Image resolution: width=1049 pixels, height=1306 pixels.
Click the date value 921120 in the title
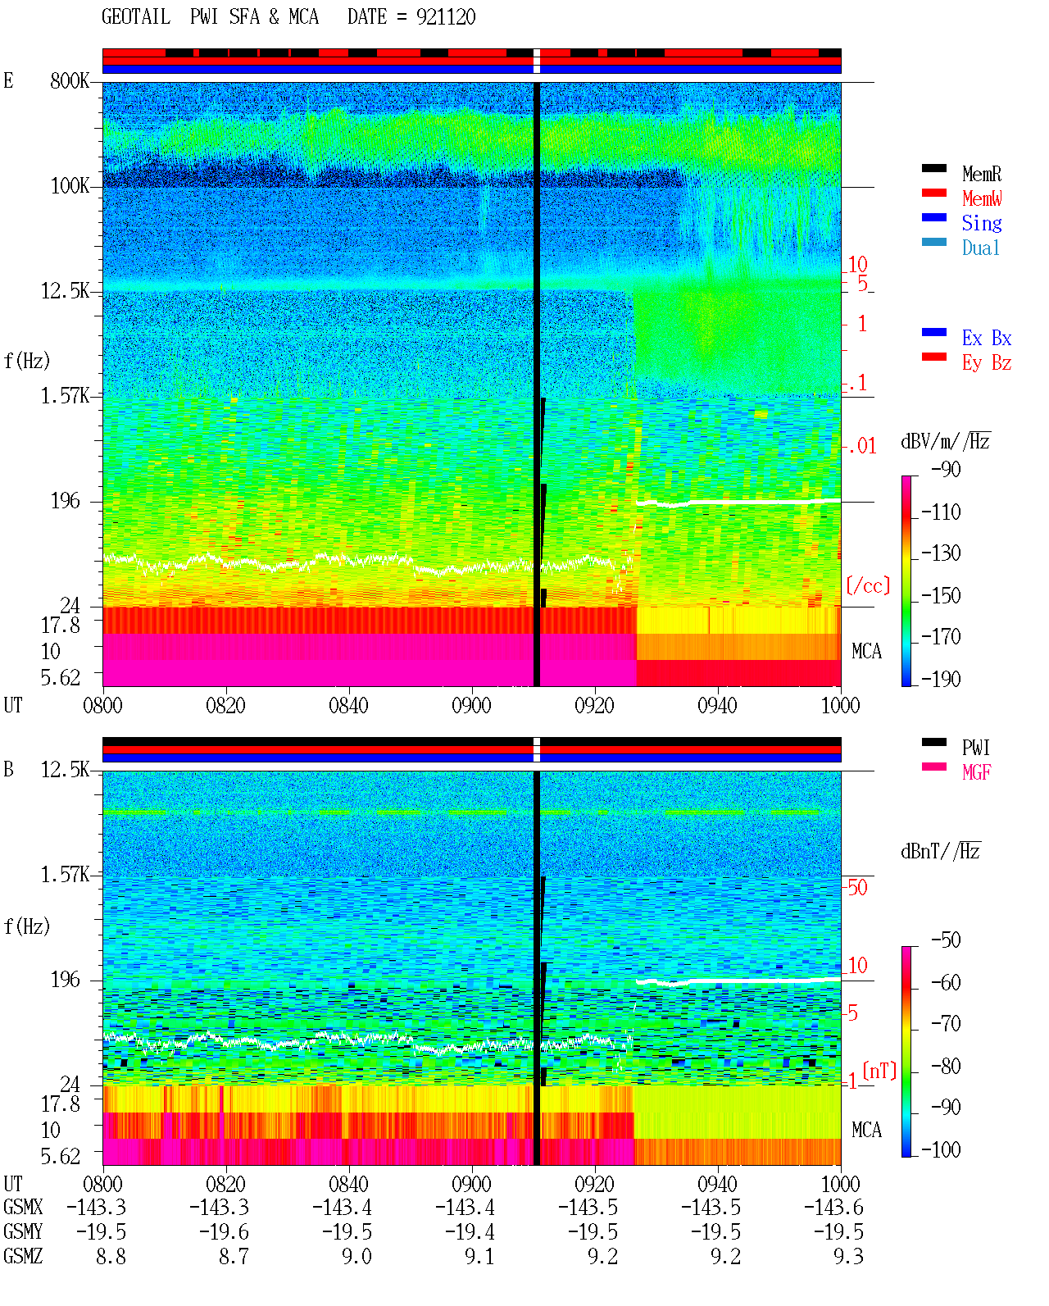pos(445,17)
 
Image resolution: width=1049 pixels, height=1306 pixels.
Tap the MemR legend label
pos(981,174)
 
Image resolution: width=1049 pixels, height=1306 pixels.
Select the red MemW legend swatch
pos(933,193)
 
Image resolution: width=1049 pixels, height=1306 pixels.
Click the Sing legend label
pos(981,223)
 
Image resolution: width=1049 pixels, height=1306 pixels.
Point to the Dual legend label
pos(980,248)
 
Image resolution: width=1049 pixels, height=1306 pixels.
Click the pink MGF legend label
pos(976,772)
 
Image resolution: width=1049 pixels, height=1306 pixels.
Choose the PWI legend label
pos(975,748)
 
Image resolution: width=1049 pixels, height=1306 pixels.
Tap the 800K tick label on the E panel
pos(70,80)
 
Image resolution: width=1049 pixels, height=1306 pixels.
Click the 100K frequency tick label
pos(70,186)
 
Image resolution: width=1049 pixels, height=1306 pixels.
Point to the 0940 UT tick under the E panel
pos(717,706)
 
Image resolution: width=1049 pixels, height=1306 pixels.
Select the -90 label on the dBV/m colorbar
pos(945,470)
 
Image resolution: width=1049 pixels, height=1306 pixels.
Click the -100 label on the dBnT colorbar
pos(941,1150)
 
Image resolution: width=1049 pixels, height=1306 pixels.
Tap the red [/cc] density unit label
pos(868,585)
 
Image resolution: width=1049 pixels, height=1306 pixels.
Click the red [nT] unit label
pos(879,1071)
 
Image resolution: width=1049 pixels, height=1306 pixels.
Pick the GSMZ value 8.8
pos(111,1257)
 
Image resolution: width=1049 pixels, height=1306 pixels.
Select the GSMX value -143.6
pos(833,1208)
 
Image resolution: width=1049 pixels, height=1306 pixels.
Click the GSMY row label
pos(23,1232)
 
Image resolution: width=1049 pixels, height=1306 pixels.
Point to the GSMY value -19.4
pos(470,1232)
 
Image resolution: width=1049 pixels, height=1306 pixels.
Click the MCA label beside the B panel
pos(866,1130)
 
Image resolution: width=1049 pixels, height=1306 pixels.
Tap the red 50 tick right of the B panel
pos(857,888)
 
